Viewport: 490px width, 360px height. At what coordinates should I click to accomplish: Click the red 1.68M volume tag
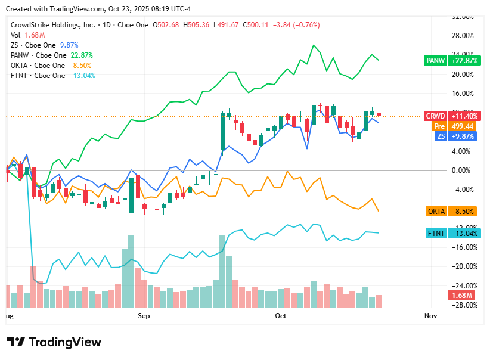(461, 296)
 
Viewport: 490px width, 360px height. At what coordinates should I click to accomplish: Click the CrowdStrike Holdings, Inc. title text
(53, 25)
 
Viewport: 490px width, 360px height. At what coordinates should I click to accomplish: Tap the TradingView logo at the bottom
(54, 342)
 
